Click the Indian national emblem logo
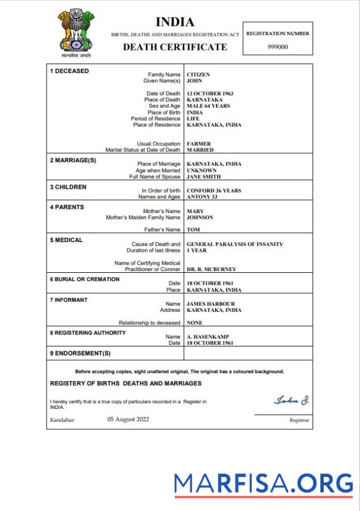[76, 33]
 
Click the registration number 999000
[278, 47]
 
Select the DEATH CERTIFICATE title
[175, 47]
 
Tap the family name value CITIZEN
[198, 74]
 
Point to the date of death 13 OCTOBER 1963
[210, 94]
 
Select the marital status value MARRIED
[200, 150]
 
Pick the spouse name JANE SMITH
[204, 177]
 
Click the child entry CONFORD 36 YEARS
[214, 191]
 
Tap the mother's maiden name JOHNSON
[200, 217]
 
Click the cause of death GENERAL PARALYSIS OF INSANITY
[235, 244]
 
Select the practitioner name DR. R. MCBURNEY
[211, 269]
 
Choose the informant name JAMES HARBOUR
[210, 304]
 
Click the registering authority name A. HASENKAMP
[208, 337]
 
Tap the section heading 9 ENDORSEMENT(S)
[80, 353]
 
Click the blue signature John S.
[291, 400]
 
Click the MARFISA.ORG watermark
[264, 483]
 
